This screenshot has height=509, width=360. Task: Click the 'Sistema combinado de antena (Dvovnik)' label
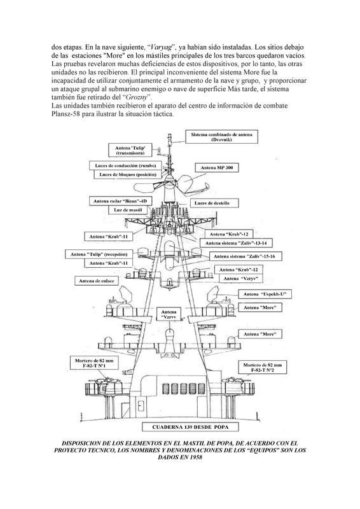click(x=221, y=137)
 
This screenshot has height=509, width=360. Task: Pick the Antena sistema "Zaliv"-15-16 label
click(x=241, y=255)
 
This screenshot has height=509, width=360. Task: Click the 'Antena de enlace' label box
click(x=96, y=281)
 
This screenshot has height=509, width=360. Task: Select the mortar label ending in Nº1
click(x=91, y=363)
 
